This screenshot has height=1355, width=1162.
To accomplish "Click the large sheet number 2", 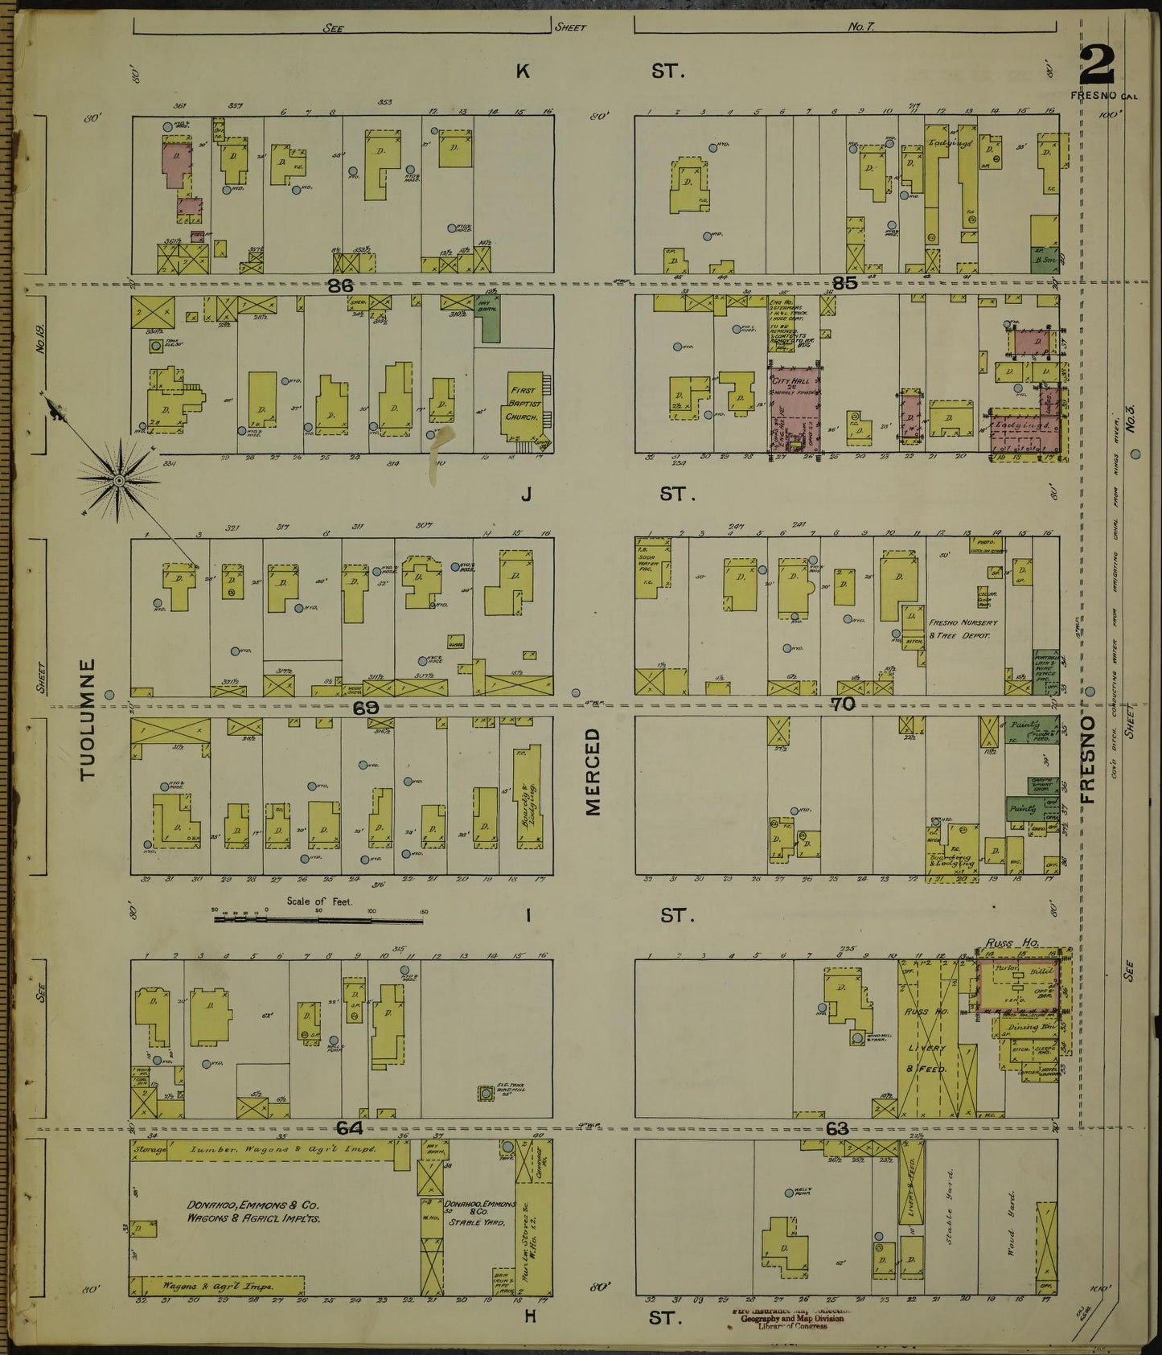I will [x=1096, y=64].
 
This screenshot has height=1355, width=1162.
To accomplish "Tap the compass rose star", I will [x=119, y=481].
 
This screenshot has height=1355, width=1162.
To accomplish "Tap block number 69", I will [x=365, y=708].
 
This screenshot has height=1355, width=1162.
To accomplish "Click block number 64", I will [x=349, y=1129].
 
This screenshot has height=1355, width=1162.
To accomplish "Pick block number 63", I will [x=837, y=1129].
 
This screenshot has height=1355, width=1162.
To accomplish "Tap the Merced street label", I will [x=593, y=772].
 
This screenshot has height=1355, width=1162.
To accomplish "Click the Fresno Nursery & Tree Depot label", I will [x=963, y=629].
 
